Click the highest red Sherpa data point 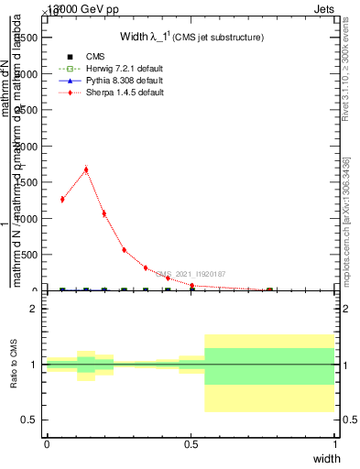(86, 169)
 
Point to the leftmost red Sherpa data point (62, 199)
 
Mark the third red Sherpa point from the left (104, 213)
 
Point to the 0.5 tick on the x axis (191, 444)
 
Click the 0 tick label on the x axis (47, 444)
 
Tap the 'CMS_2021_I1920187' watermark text (191, 274)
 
